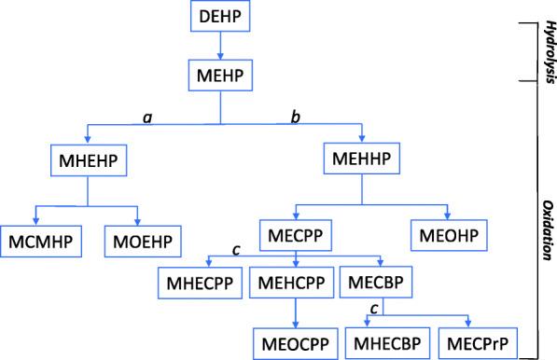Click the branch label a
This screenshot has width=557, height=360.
click(146, 117)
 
